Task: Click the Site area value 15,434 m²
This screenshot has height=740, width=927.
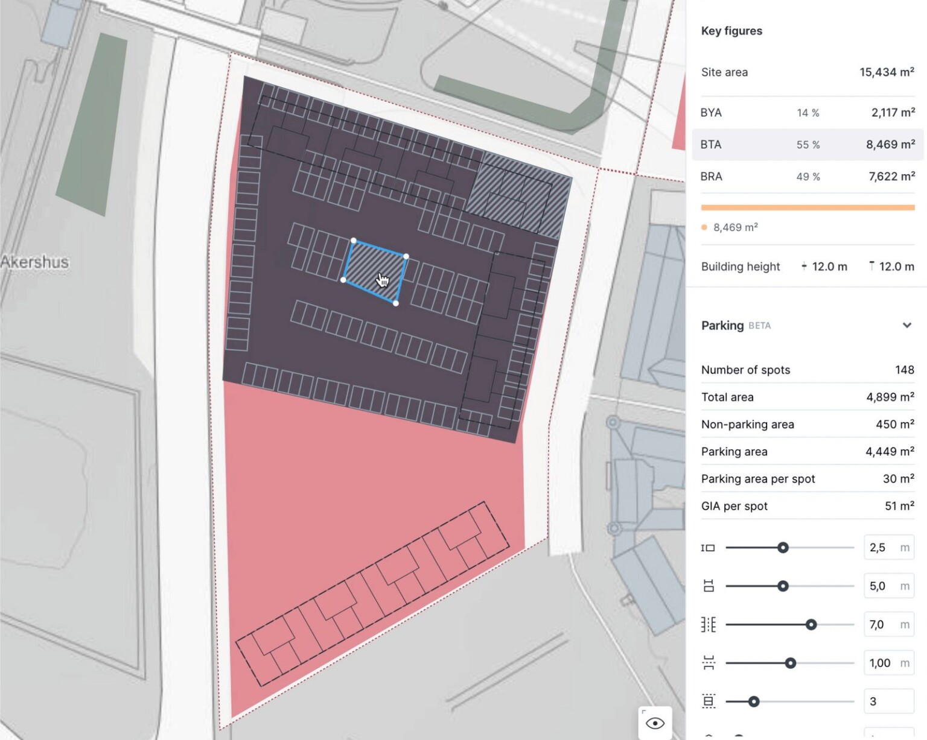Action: [886, 72]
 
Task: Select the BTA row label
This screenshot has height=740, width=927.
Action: [711, 145]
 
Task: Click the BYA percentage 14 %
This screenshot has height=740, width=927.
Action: [808, 113]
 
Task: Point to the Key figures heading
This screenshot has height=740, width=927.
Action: [731, 31]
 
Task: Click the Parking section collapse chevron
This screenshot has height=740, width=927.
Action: [906, 326]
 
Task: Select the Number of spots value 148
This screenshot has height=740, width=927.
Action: [904, 370]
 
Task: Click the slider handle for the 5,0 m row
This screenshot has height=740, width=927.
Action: [783, 586]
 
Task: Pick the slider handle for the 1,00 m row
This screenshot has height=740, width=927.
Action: [790, 663]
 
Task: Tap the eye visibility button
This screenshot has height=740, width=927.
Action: [655, 723]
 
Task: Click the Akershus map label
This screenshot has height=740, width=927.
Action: [35, 262]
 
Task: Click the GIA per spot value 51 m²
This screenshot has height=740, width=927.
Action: [899, 507]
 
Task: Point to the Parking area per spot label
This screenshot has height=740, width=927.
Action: [758, 479]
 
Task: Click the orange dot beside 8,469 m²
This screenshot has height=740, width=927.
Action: [704, 227]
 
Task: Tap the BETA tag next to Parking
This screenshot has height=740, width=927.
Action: [759, 326]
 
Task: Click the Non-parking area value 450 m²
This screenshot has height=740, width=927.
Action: [894, 425]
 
